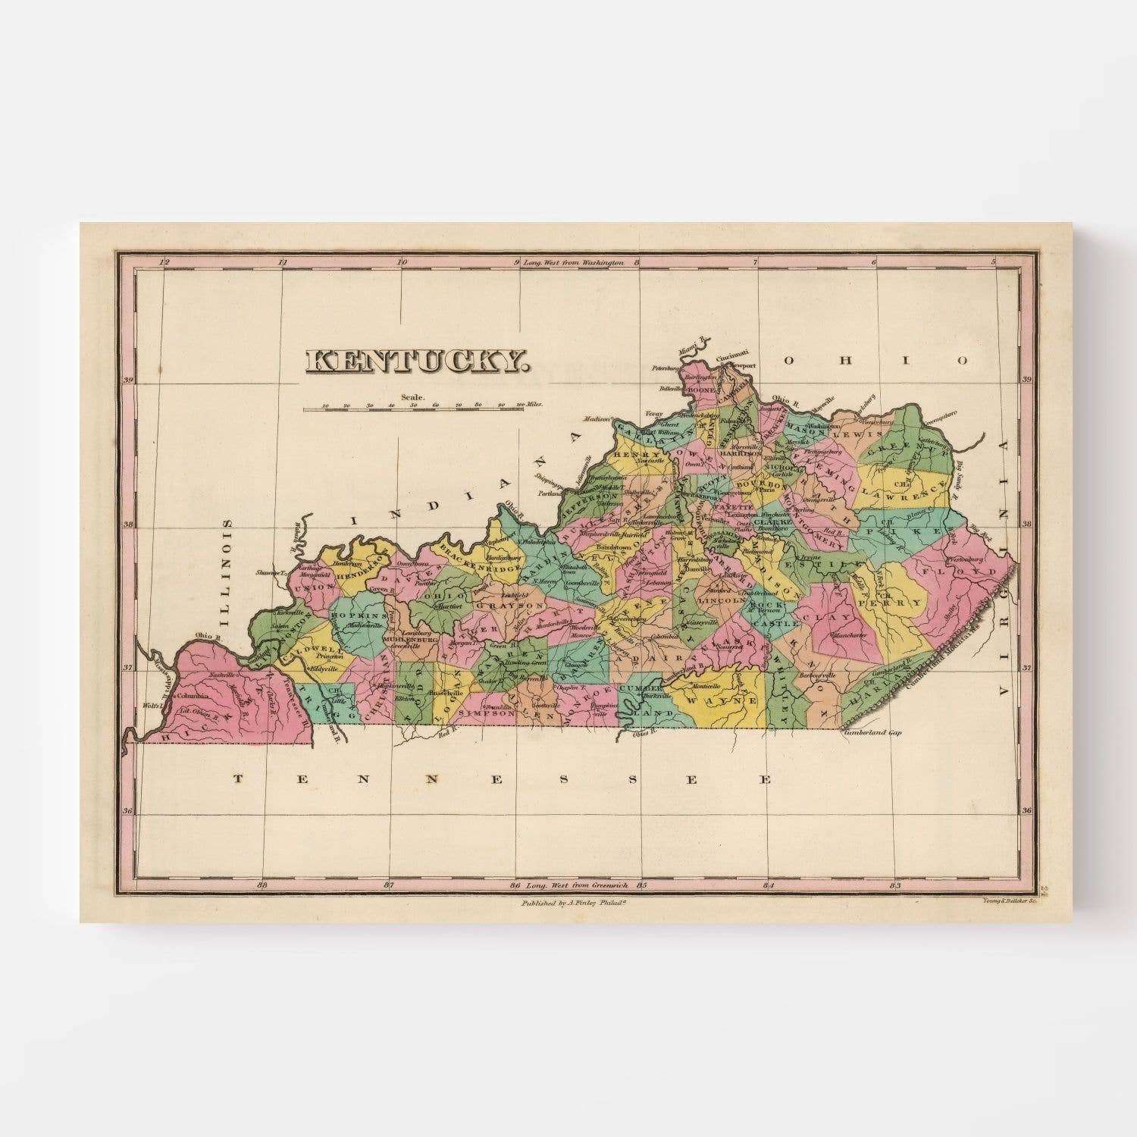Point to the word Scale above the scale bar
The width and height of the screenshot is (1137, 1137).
tap(415, 396)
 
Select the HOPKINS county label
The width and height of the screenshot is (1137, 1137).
tap(359, 618)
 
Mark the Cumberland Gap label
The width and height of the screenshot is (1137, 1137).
tap(872, 734)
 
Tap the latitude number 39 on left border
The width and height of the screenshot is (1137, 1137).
tap(128, 381)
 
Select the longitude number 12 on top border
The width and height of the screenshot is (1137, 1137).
tap(162, 263)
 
